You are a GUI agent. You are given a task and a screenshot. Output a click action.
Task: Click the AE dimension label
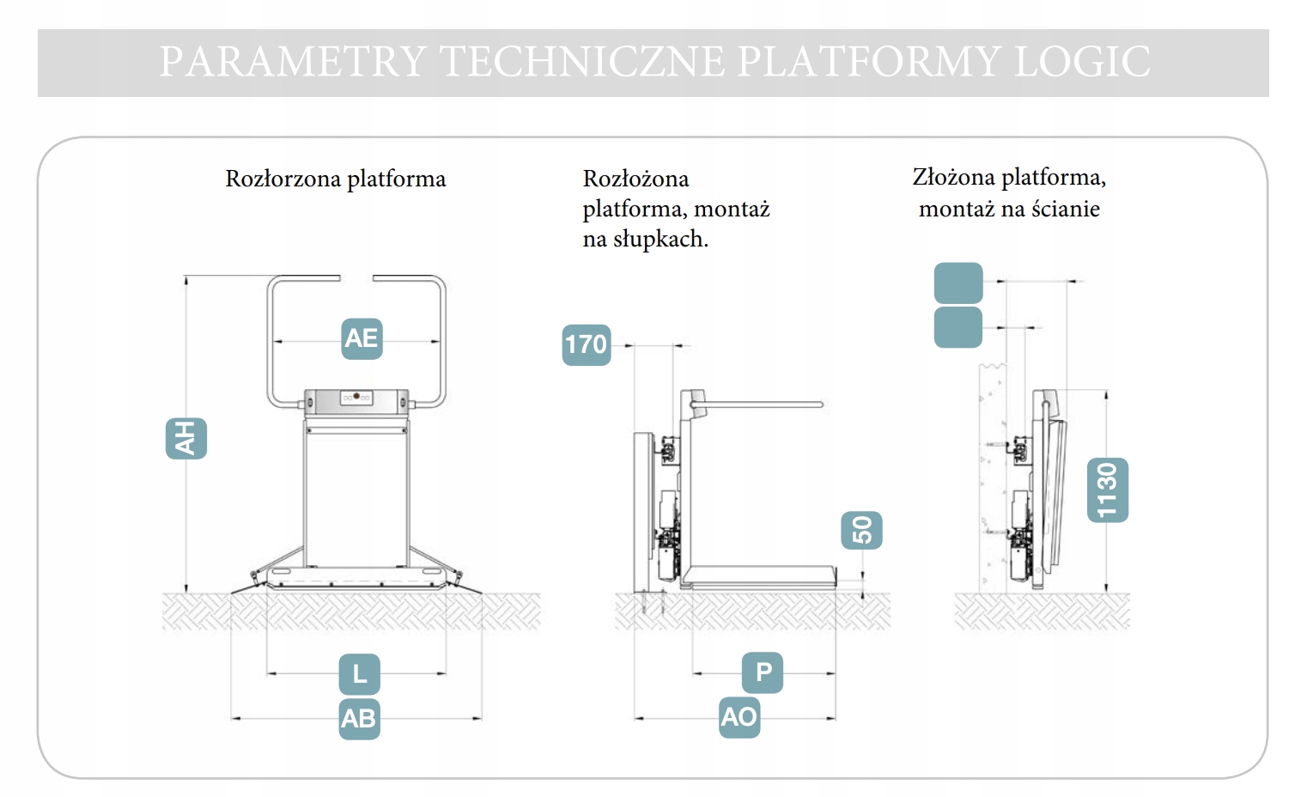pyautogui.click(x=362, y=338)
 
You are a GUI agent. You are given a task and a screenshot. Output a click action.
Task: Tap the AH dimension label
pyautogui.click(x=185, y=438)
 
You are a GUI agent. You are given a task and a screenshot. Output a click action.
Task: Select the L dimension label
pyautogui.click(x=360, y=674)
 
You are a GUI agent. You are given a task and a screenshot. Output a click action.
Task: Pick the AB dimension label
pyautogui.click(x=359, y=718)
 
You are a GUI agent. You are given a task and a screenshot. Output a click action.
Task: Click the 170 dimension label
pyautogui.click(x=586, y=344)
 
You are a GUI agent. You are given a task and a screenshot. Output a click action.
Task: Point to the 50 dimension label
pyautogui.click(x=861, y=530)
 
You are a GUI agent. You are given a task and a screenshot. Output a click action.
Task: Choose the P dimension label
pyautogui.click(x=763, y=672)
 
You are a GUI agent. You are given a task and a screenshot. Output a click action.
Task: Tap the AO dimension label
pyautogui.click(x=739, y=716)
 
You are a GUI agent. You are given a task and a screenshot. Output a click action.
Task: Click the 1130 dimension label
pyautogui.click(x=1107, y=490)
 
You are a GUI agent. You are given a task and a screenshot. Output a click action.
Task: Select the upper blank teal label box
pyautogui.click(x=957, y=283)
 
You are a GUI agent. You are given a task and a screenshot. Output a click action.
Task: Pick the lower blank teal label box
pyautogui.click(x=957, y=327)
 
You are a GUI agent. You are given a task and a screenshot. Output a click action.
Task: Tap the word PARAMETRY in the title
pyautogui.click(x=293, y=62)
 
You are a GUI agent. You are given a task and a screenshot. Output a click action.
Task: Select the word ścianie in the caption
pyautogui.click(x=1065, y=209)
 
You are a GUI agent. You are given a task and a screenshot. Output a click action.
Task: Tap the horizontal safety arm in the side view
pyautogui.click(x=760, y=404)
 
